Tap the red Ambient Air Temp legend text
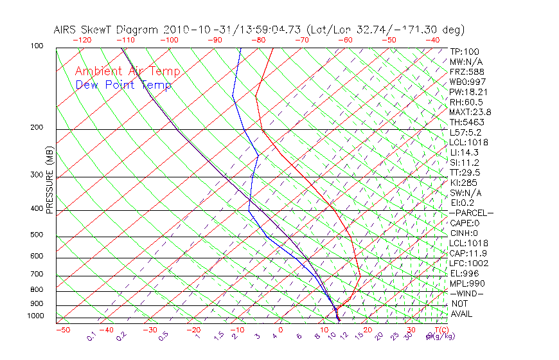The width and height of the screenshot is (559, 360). click(127, 71)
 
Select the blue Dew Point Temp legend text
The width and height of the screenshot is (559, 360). click(123, 85)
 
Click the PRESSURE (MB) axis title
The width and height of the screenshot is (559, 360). click(49, 179)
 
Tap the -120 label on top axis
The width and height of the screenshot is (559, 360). click(82, 40)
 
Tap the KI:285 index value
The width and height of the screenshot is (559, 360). click(465, 183)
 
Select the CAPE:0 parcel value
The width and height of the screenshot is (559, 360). click(464, 222)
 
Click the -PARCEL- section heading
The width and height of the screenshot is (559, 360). click(471, 213)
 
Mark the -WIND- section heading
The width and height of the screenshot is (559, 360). click(467, 293)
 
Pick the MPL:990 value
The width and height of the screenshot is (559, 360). click(467, 283)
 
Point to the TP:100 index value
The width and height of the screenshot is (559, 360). click(465, 52)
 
